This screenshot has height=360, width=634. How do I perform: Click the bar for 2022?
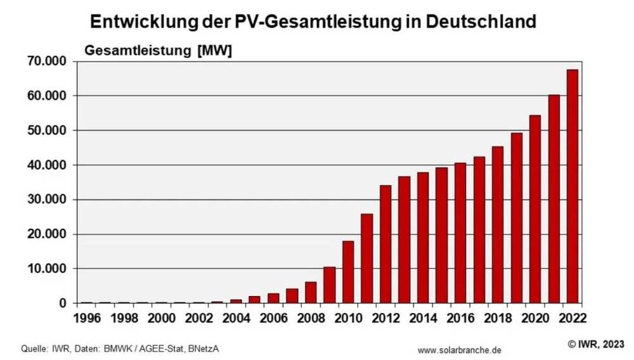pos(572,186)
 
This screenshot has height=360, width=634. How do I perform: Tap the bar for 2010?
pos(347,272)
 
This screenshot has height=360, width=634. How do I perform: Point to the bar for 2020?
pos(534,209)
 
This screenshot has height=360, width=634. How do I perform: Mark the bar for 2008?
pos(310,292)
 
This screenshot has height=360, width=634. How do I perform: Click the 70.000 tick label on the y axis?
pos(49,61)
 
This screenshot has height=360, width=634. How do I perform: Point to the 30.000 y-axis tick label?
pos(49,200)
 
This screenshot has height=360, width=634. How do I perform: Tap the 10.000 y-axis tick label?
pos(49,269)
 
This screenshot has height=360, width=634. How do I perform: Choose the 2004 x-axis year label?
pos(236,316)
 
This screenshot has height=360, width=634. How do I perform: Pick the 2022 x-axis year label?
pos(573,316)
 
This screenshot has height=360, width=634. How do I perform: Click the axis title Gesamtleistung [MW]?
pos(158,50)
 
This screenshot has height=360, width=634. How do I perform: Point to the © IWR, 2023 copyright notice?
pos(595,344)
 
